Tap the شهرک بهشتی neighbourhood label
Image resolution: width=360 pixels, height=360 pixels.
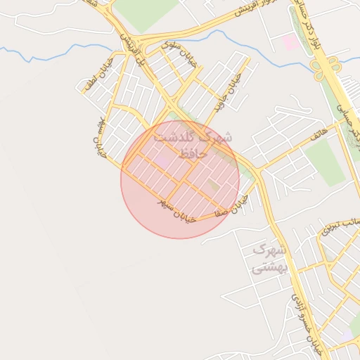(270, 258)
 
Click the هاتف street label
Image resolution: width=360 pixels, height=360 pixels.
(320, 130)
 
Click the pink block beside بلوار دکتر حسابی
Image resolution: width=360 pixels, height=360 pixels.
(289, 41)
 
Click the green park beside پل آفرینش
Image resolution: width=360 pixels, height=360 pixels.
(144, 13)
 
